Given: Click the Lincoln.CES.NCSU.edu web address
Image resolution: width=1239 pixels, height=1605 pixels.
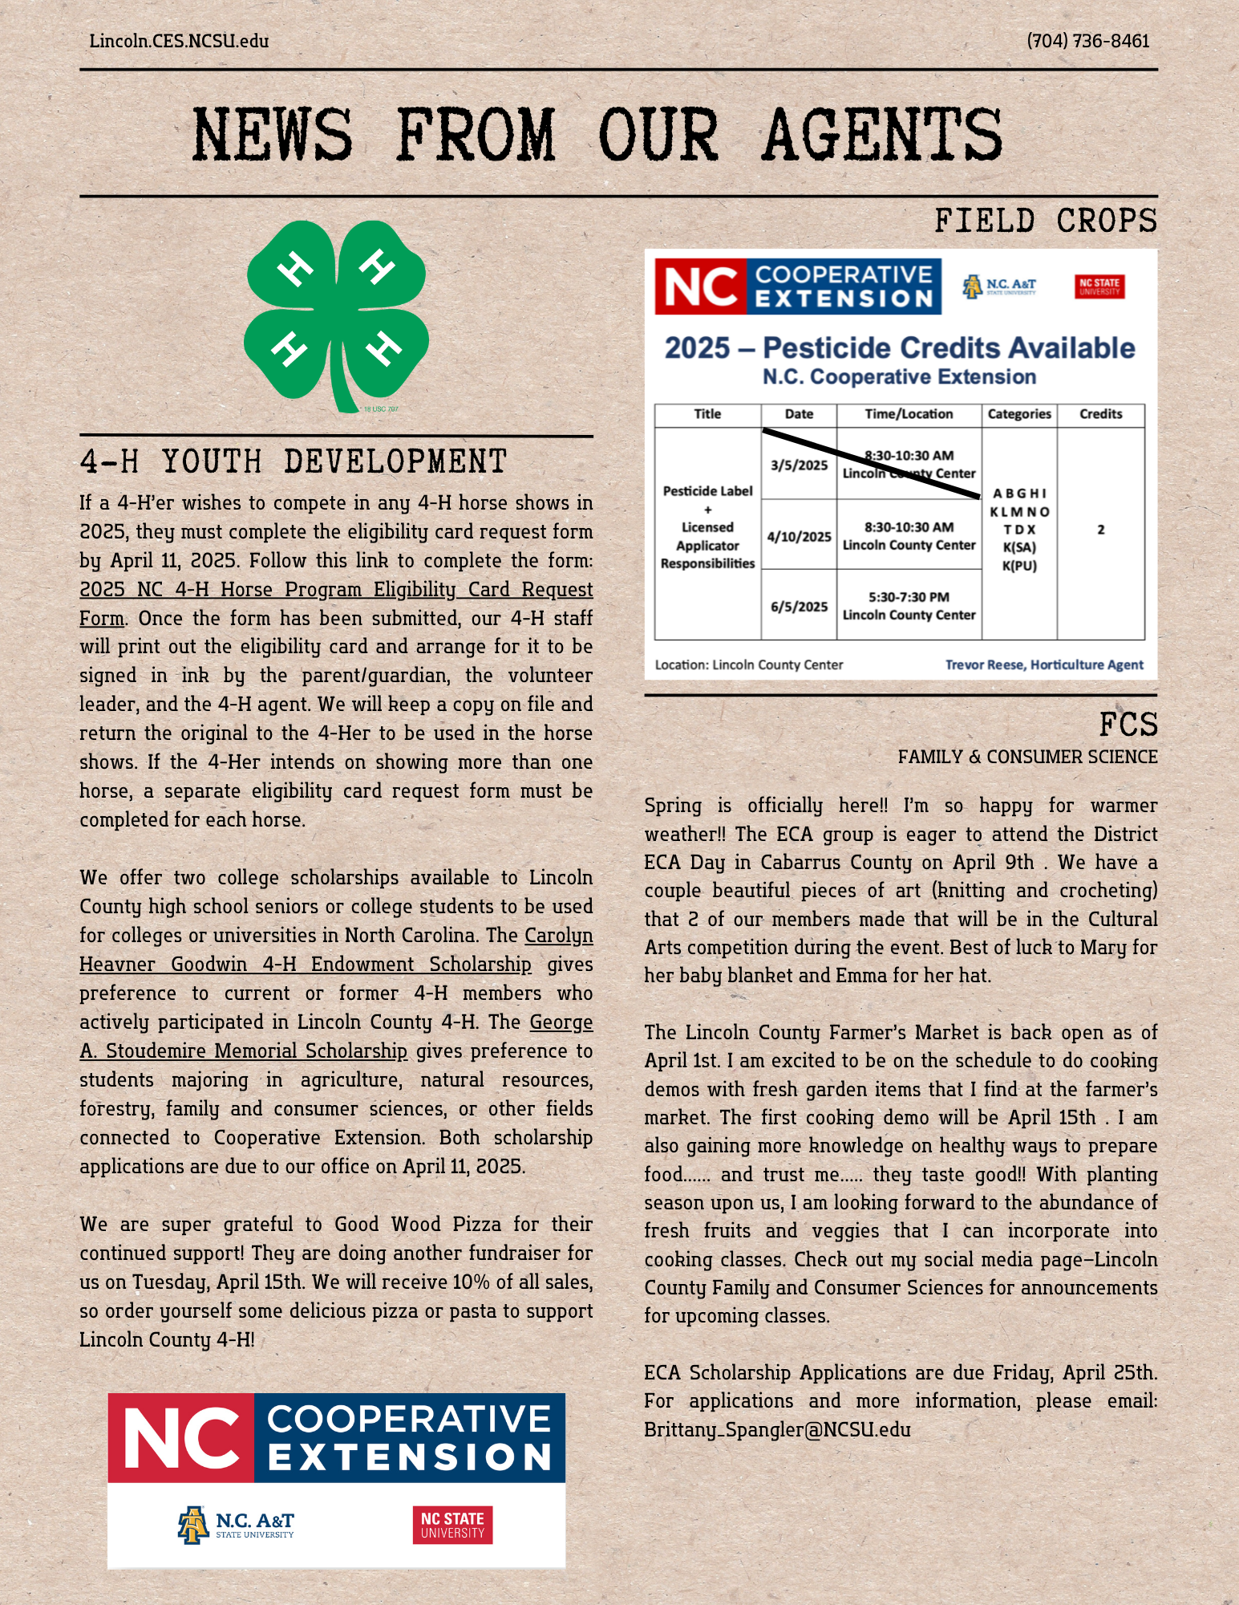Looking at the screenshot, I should tap(179, 41).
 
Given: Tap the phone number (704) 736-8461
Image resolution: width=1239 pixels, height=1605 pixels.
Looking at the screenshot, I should tap(1087, 41).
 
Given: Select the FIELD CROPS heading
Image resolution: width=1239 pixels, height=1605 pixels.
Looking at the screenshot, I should tap(1045, 221).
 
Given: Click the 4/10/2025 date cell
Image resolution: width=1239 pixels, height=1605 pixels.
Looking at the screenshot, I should tap(799, 537).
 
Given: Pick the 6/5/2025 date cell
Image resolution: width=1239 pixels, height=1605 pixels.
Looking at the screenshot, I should tap(799, 607).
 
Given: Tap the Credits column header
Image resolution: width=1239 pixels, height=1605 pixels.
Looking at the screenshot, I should tap(1100, 414).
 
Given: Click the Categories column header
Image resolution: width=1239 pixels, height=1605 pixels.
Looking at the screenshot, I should tap(1018, 414).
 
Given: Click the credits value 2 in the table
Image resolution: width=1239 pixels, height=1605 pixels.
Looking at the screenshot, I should tap(1100, 530).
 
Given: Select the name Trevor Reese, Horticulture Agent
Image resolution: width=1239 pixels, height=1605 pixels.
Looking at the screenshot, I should tap(1043, 664).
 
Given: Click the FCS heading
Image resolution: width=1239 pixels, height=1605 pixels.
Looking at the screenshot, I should tap(1128, 725).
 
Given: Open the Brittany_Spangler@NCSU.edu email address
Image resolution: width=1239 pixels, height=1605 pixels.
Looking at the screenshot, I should tap(777, 1429).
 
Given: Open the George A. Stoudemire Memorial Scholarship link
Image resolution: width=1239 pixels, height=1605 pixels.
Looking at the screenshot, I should tap(243, 1050).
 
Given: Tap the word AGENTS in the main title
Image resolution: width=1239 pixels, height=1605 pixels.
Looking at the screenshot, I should tap(882, 135).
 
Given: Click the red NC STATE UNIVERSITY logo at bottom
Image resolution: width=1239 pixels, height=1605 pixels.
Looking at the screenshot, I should tap(452, 1525).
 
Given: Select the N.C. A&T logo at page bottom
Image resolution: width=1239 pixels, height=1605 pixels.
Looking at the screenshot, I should tap(236, 1525).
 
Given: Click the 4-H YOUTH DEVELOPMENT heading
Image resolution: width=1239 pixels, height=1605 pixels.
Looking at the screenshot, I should tap(294, 462).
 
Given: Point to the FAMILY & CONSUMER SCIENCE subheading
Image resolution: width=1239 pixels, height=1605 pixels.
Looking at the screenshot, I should tap(1027, 757).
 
